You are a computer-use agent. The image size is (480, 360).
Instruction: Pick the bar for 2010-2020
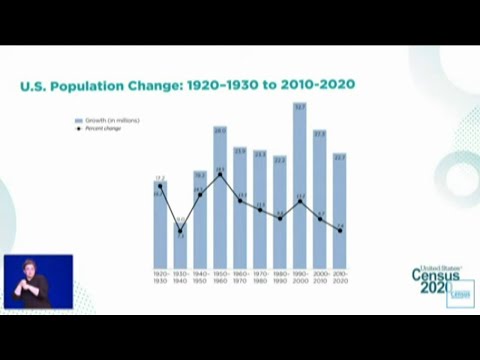[x=340, y=215]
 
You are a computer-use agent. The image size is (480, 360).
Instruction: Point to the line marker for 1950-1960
[x=220, y=171]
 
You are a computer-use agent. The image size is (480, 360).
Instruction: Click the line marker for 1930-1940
[x=180, y=231]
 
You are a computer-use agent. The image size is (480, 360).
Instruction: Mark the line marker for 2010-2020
[x=340, y=231]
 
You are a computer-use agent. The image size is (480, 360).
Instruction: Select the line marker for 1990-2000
[x=300, y=200]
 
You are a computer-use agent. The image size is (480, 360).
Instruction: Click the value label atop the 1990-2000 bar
[x=300, y=105]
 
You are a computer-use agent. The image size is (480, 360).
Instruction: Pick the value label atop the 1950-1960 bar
[x=220, y=130]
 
